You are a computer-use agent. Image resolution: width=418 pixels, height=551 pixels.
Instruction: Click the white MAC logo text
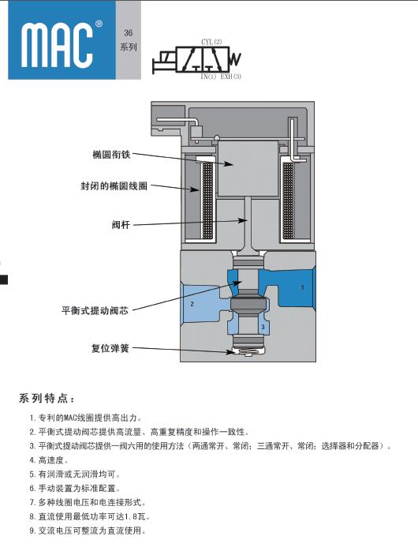pyautogui.click(x=57, y=45)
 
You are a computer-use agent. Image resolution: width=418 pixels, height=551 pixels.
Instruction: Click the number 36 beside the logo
pyautogui.click(x=128, y=32)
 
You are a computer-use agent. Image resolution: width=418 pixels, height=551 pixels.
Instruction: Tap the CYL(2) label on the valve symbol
pyautogui.click(x=211, y=42)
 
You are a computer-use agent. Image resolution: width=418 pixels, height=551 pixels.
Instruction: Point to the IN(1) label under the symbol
pyautogui.click(x=208, y=77)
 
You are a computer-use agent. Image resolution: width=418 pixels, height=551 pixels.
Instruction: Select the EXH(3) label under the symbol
pyautogui.click(x=230, y=77)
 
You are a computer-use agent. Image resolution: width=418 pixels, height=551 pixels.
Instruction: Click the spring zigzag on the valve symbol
pyautogui.click(x=236, y=59)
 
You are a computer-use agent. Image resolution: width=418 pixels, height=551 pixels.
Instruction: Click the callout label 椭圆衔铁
pyautogui.click(x=111, y=154)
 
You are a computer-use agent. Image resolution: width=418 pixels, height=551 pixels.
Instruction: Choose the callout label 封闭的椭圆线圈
pyautogui.click(x=114, y=186)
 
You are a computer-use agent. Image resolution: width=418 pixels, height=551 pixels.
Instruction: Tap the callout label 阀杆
pyautogui.click(x=121, y=224)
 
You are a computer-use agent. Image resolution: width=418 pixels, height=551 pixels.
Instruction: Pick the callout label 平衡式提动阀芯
pyautogui.click(x=95, y=311)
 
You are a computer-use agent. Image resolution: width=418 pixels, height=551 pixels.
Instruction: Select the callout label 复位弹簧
pyautogui.click(x=110, y=348)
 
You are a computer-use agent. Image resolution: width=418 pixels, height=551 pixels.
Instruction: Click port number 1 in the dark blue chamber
pyautogui.click(x=303, y=287)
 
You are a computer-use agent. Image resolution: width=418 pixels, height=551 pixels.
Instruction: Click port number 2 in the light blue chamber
pyautogui.click(x=192, y=304)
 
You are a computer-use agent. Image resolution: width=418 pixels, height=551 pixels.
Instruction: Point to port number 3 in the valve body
pyautogui.click(x=263, y=327)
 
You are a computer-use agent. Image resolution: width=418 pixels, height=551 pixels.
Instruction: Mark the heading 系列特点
pyautogui.click(x=47, y=399)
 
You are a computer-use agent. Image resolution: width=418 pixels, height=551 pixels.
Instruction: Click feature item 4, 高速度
pyautogui.click(x=49, y=460)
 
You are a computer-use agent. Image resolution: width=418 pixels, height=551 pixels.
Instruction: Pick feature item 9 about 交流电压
pyautogui.click(x=88, y=530)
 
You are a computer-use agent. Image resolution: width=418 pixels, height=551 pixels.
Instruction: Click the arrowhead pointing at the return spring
pyautogui.click(x=230, y=352)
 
